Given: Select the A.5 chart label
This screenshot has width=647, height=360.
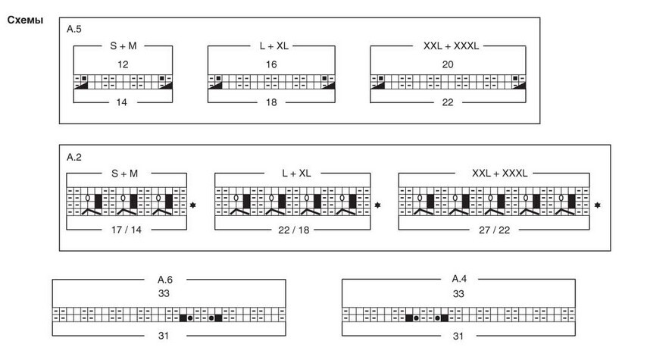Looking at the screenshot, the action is click(x=73, y=29).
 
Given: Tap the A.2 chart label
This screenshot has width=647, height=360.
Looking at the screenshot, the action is click(x=73, y=157).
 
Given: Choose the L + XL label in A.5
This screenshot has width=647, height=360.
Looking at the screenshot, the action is click(x=271, y=46).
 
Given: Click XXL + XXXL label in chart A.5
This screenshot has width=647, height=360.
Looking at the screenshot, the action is click(x=450, y=46).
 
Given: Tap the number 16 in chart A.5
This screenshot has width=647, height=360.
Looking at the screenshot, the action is click(x=271, y=65).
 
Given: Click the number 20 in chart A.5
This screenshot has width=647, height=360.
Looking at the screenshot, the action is click(x=448, y=65).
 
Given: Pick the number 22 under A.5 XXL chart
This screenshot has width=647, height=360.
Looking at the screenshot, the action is click(x=448, y=101).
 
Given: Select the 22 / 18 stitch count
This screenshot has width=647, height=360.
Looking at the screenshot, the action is click(x=293, y=229).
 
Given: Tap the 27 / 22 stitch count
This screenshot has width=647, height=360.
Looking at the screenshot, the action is click(x=493, y=229).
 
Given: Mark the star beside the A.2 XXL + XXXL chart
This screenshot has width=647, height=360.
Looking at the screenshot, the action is click(x=598, y=205).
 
